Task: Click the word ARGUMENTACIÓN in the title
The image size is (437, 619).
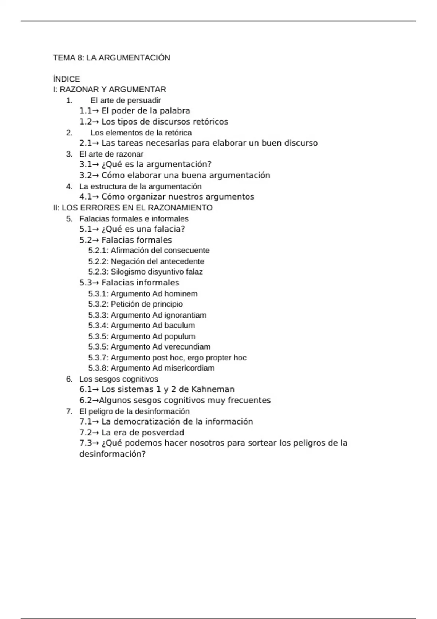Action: pos(134,58)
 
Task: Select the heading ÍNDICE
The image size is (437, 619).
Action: pos(66,79)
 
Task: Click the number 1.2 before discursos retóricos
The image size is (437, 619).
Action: pos(86,122)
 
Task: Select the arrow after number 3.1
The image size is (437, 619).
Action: pos(96,165)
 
